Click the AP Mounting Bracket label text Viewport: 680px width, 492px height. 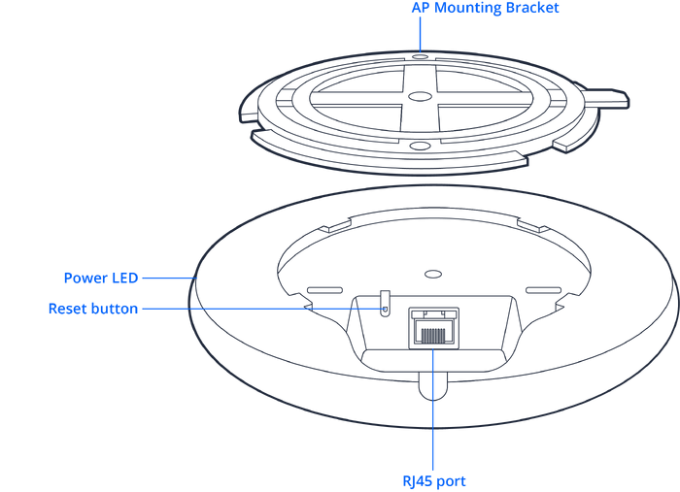tap(485, 9)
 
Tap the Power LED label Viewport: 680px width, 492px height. tap(102, 278)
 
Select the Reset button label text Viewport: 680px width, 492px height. tap(94, 309)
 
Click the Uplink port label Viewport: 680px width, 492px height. tap(433, 480)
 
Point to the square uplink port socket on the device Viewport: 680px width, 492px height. tap(433, 325)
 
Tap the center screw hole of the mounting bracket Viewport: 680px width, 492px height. tap(419, 96)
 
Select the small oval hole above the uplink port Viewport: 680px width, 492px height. tap(434, 275)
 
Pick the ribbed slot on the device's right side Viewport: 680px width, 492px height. tap(539, 289)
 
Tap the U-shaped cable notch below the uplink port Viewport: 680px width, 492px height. tap(433, 388)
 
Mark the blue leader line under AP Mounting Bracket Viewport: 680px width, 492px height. tap(420, 35)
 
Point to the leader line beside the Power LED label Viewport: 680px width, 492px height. tap(170, 278)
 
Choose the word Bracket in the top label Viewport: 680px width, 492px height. tap(533, 9)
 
